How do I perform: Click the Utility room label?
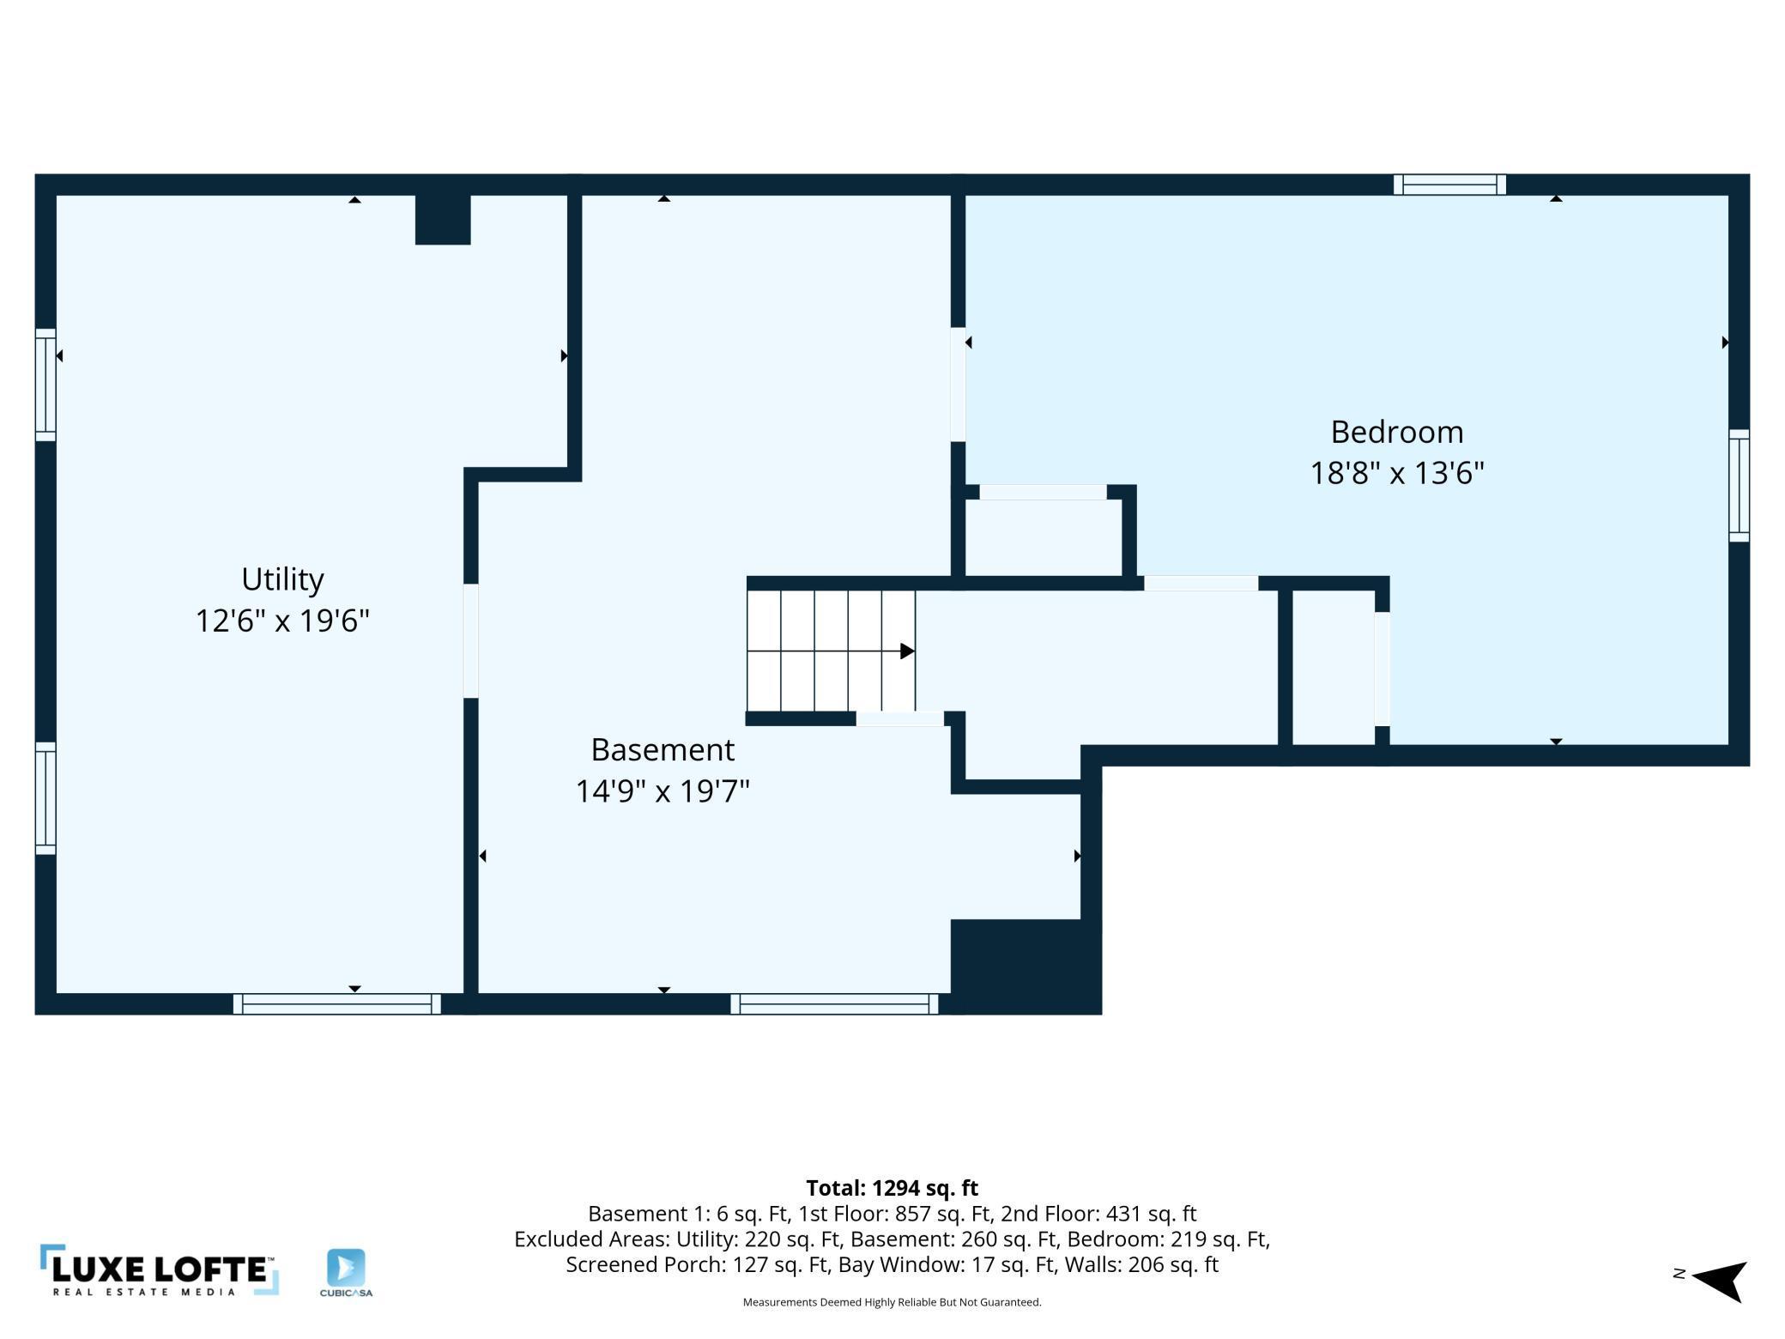coord(282,579)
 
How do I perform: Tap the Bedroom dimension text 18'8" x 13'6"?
coord(1397,473)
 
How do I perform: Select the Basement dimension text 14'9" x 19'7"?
coord(663,791)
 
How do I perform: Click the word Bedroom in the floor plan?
coord(1397,432)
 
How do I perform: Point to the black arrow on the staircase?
coord(907,651)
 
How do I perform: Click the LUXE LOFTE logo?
coord(160,1270)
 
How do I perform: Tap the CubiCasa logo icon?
coord(346,1268)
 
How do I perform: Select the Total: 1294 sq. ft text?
coord(892,1188)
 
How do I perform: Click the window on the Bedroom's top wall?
coord(1449,185)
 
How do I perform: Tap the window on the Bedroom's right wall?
coord(1739,486)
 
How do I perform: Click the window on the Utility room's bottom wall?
coord(337,1004)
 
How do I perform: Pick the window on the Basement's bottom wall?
coord(834,1004)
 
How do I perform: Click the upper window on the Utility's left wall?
coord(45,385)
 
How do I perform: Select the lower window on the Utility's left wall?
coord(45,798)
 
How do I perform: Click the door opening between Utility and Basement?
coord(470,641)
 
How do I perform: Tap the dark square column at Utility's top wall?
coord(443,220)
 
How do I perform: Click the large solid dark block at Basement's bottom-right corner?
coord(1026,966)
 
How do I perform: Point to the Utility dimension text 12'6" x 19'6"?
coord(282,621)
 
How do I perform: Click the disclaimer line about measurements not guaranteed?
coord(892,1302)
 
